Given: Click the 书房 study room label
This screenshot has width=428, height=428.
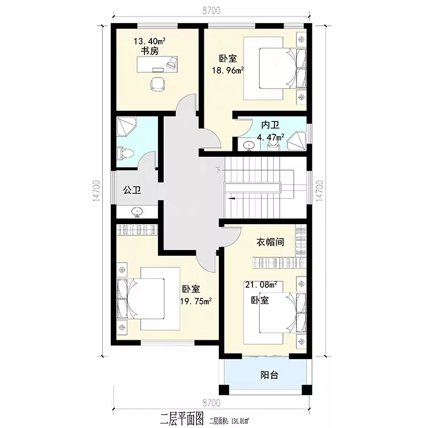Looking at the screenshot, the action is (x=150, y=51).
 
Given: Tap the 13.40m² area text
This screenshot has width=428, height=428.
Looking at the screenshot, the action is (x=150, y=41).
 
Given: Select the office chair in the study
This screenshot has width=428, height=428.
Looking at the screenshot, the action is (x=158, y=83).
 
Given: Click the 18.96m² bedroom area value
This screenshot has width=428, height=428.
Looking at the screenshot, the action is (x=228, y=70).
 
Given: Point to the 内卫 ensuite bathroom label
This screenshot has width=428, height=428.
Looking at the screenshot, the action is (x=270, y=125).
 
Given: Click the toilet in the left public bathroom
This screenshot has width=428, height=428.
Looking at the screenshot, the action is (x=125, y=153).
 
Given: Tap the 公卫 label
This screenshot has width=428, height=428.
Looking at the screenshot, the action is (x=132, y=190).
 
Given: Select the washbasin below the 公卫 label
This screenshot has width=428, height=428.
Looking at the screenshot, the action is (x=137, y=212).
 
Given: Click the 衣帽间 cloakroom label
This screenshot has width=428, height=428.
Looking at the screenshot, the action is (x=270, y=242).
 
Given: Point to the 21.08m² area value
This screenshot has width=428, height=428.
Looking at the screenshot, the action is (x=261, y=285).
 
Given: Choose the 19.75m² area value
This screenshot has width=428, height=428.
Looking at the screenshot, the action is (x=196, y=301).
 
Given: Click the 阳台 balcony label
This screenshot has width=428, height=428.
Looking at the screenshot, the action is (x=270, y=375).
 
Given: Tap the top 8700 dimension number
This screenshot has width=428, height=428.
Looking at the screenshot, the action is (x=211, y=10).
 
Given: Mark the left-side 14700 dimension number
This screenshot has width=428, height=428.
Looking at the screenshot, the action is (x=97, y=191).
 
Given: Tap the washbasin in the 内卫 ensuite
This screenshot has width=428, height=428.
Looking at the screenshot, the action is (x=248, y=146).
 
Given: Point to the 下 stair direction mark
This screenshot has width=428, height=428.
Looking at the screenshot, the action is (x=218, y=170).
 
